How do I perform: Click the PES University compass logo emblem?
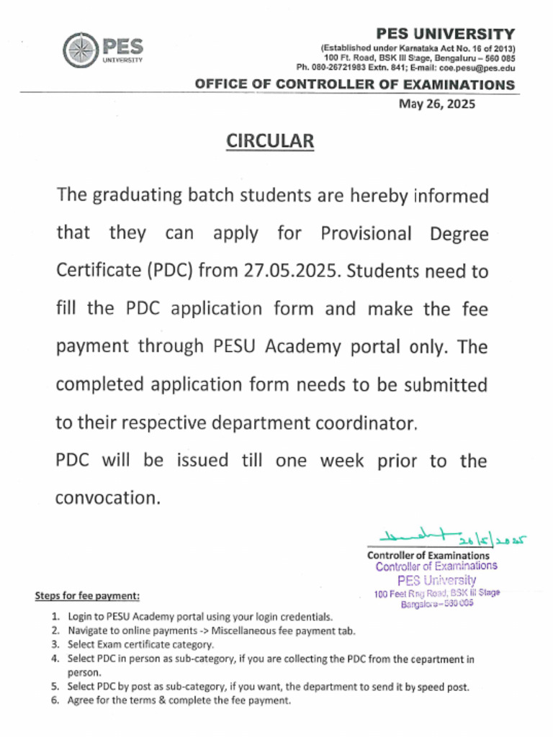click(x=79, y=50)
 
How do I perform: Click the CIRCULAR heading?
click(x=271, y=141)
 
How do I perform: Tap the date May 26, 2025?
click(x=437, y=104)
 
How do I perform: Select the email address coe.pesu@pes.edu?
click(x=478, y=67)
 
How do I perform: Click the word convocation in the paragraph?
click(x=106, y=497)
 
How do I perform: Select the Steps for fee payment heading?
click(x=87, y=596)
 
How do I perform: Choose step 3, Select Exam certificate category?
click(x=140, y=644)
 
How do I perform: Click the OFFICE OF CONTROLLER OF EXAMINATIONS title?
click(x=354, y=85)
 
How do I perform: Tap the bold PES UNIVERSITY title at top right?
click(x=446, y=34)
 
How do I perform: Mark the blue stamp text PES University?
click(x=436, y=580)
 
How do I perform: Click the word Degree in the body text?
click(x=459, y=234)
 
